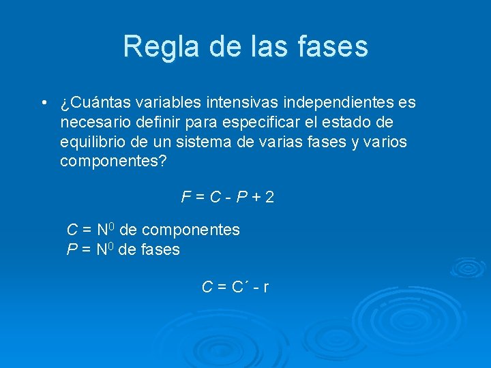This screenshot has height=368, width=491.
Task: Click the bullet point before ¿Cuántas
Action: pyautogui.click(x=44, y=103)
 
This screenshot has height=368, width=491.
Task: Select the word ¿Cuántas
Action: pyautogui.click(x=95, y=103)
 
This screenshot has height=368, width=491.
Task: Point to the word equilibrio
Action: pyautogui.click(x=91, y=142)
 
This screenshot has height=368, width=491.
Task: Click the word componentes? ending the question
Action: pyautogui.click(x=113, y=162)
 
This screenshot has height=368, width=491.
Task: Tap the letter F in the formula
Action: pyautogui.click(x=185, y=198)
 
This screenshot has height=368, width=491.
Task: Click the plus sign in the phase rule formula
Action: pyautogui.click(x=255, y=198)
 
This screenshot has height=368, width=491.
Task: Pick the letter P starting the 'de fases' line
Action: pyautogui.click(x=71, y=249)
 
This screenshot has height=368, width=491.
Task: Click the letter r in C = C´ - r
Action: pyautogui.click(x=265, y=287)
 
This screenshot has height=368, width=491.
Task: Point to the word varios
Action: pyautogui.click(x=386, y=142)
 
